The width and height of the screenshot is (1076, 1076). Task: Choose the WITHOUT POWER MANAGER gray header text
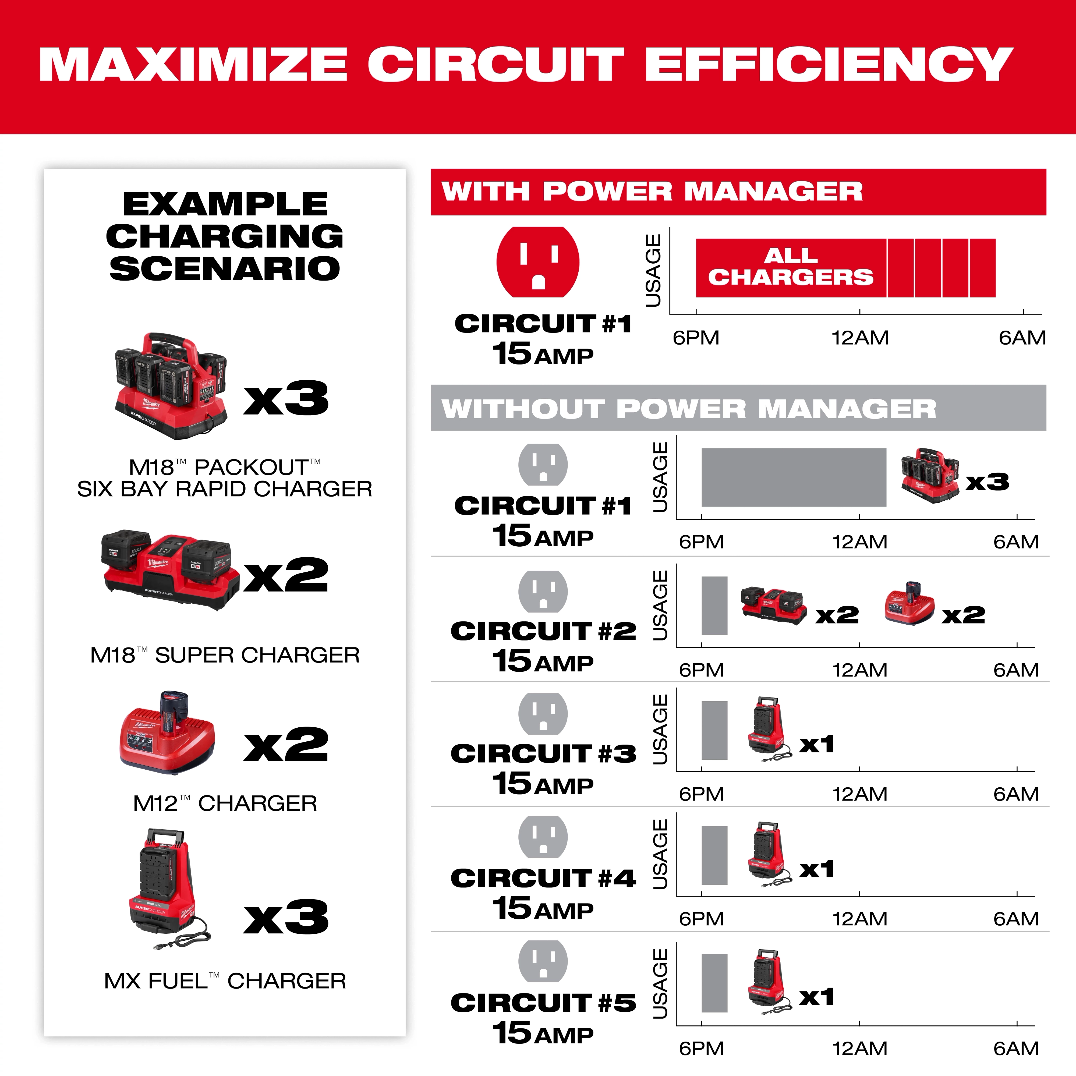coord(689,409)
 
